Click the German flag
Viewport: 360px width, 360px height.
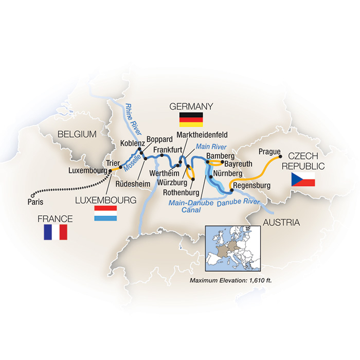coord(191,119)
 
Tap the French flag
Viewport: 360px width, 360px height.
coord(56,232)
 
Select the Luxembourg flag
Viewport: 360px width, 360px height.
coord(105,213)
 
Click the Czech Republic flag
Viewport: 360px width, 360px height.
coord(303,179)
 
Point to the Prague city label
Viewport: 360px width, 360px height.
coord(269,152)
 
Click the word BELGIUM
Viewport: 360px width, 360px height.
coord(77,134)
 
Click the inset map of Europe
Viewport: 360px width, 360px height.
coord(232,250)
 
